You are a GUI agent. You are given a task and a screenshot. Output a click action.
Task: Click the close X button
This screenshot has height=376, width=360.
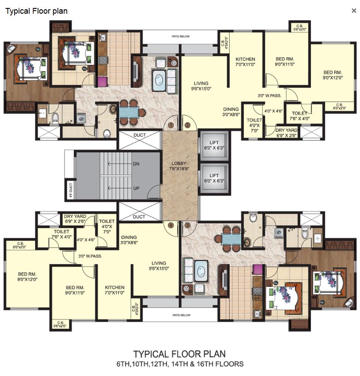pos(354,11)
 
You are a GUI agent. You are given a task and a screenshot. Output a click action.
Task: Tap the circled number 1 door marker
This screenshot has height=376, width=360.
pos(171,125)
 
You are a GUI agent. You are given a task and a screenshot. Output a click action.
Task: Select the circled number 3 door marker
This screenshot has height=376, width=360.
pos(187,225)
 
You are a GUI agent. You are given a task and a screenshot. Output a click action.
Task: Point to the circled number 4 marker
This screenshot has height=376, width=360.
pos(171,225)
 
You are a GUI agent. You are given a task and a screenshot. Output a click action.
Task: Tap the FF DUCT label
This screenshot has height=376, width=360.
pos(70,190)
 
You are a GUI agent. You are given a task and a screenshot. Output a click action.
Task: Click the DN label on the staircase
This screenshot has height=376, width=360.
pos(136,164)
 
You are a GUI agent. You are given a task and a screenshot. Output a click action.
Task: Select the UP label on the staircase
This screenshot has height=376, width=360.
pos(136,188)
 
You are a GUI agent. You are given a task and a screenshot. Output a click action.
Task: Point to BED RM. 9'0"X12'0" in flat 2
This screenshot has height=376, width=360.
pos(333,75)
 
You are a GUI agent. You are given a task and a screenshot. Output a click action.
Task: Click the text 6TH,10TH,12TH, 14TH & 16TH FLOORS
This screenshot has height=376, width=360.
pos(179,364)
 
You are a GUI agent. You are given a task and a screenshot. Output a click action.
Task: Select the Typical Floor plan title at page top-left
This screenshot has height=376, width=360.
pos(36,11)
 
